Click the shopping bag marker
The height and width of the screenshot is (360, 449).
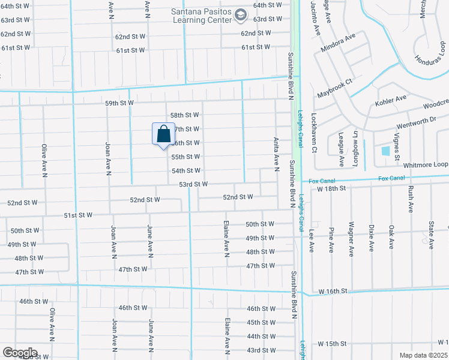163,134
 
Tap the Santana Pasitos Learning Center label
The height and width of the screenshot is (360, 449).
200,15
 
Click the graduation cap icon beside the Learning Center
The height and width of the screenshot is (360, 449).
241,14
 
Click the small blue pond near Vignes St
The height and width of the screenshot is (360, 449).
385,151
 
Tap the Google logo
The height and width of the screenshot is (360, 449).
19,353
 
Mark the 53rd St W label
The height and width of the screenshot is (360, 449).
193,184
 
